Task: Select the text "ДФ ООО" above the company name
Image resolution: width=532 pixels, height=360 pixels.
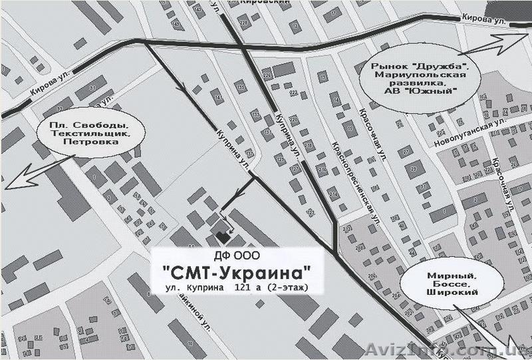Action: pos(237,256)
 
